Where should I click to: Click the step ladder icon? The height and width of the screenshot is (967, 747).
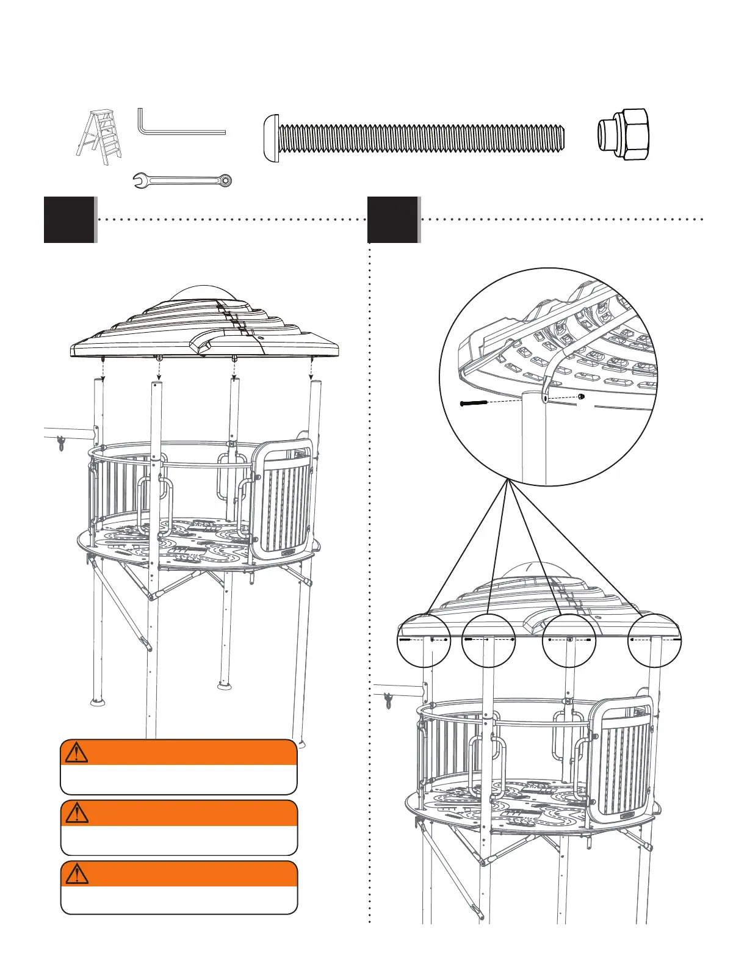tap(99, 134)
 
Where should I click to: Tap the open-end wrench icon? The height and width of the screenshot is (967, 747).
tap(182, 180)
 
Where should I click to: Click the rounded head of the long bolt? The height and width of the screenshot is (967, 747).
tap(271, 137)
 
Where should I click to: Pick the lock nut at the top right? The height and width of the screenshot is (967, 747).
tap(623, 135)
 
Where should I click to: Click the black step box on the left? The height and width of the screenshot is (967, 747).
tap(70, 220)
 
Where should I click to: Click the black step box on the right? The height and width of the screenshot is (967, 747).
tap(393, 220)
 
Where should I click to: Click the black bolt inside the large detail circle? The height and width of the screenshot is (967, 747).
tap(474, 403)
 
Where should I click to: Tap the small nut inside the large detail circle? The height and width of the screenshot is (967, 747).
tap(581, 396)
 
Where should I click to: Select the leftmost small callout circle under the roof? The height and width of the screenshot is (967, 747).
tap(424, 640)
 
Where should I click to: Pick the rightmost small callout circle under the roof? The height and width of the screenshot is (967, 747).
tap(655, 640)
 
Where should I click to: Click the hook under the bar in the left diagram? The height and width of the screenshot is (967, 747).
tap(60, 444)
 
